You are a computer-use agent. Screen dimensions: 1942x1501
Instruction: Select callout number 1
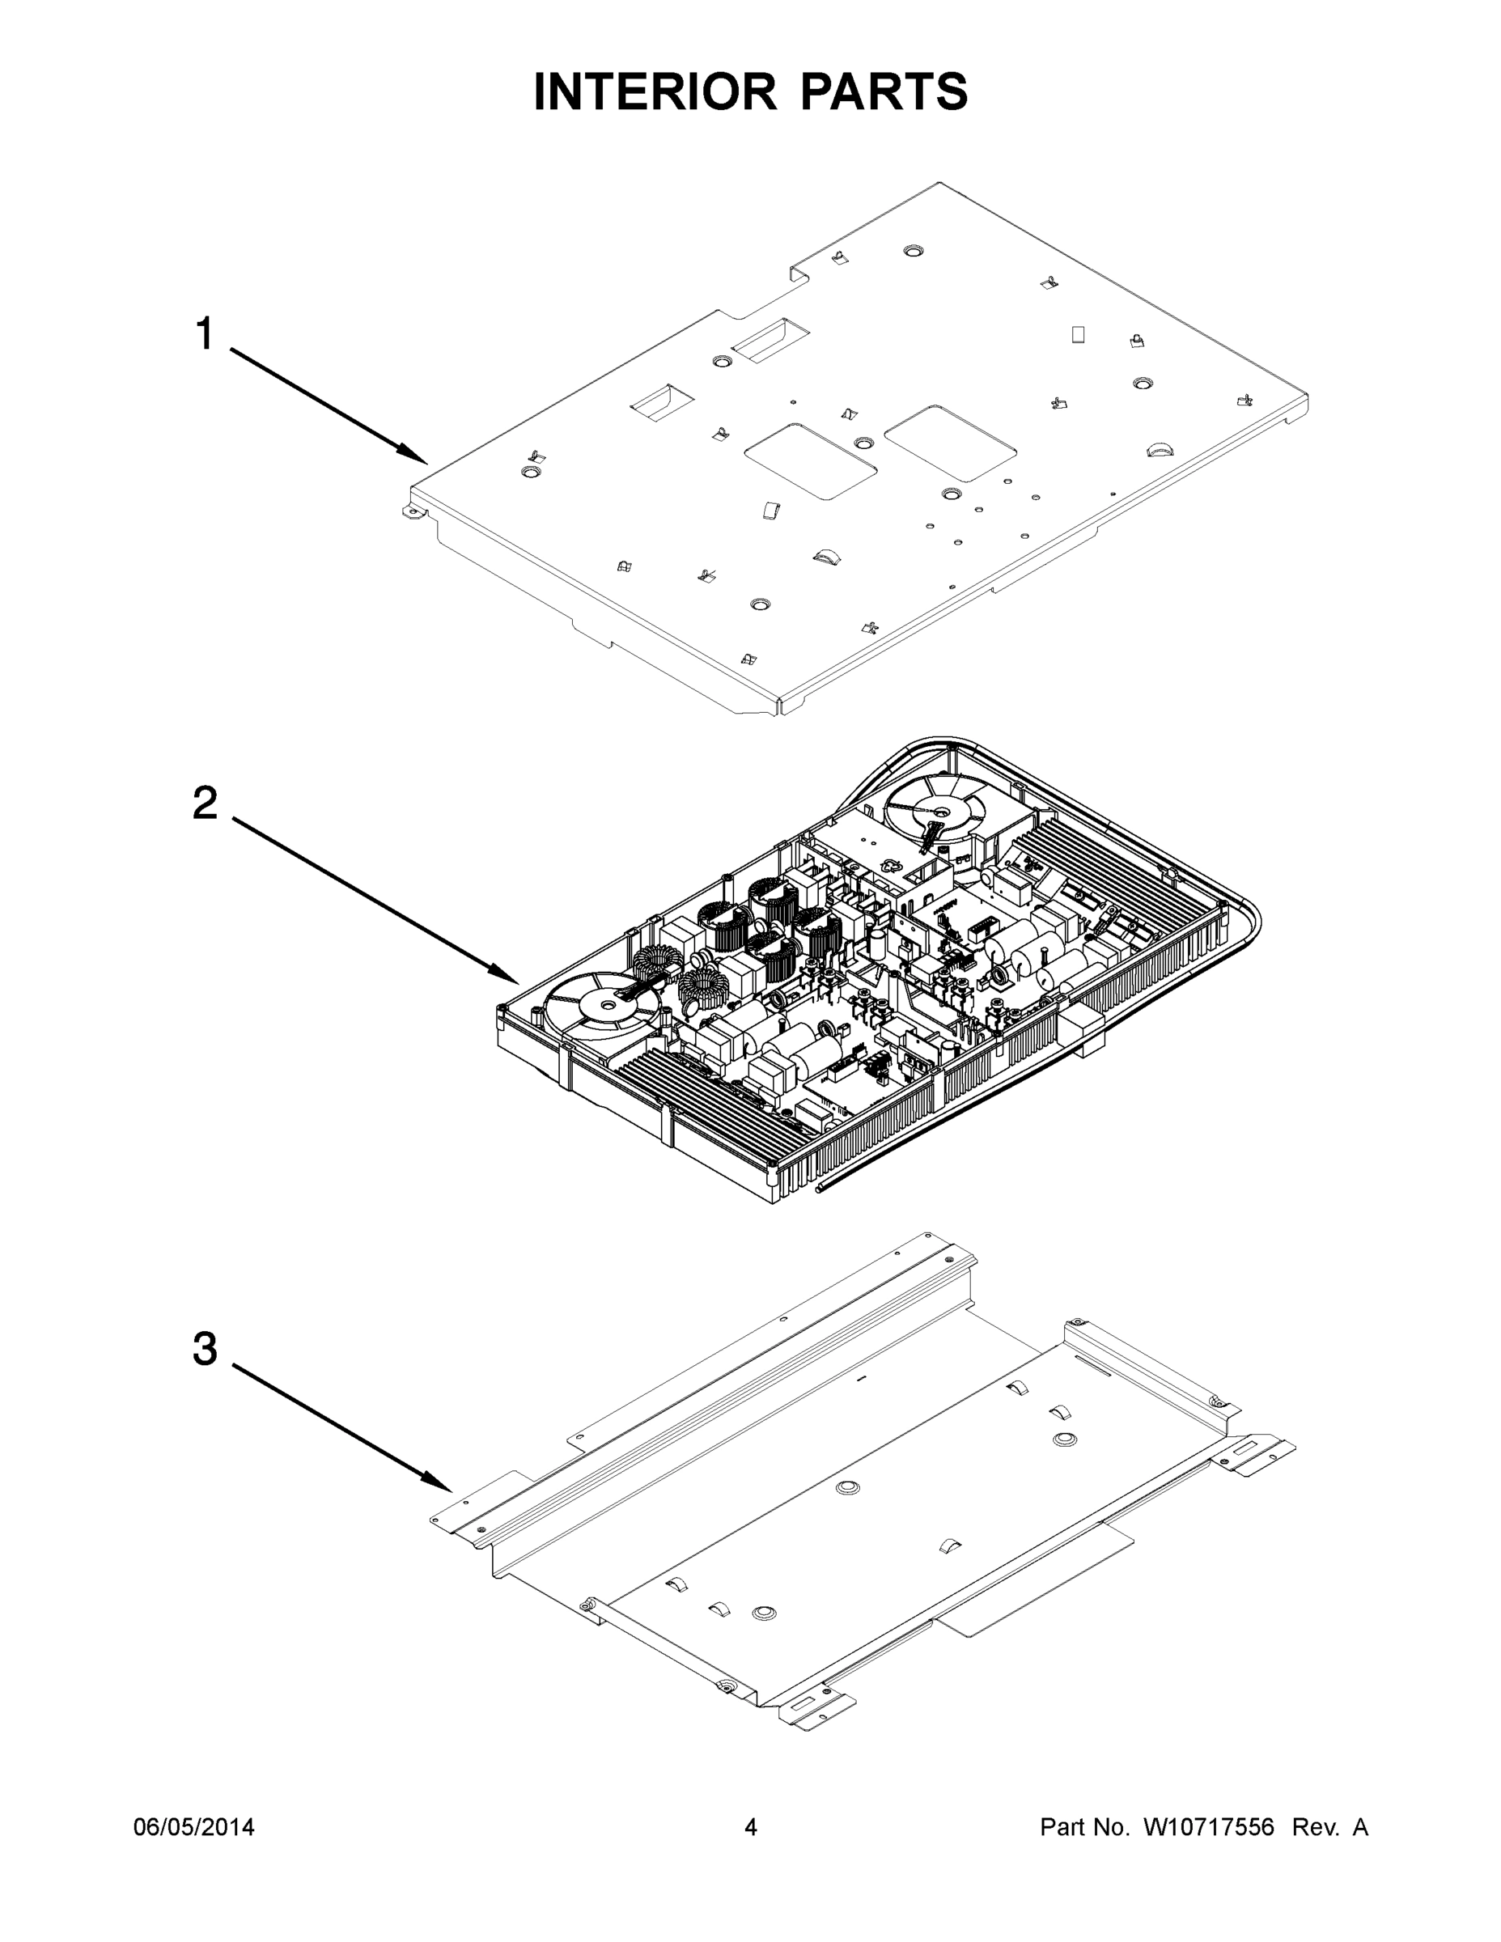(205, 334)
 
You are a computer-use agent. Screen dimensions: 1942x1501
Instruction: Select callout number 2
(205, 804)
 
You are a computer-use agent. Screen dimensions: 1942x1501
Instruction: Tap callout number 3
(205, 1349)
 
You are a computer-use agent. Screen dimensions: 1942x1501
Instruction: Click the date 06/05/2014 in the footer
(194, 1827)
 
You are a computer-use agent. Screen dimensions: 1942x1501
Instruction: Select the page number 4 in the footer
(751, 1827)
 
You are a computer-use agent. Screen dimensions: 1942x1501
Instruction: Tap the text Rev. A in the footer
(1329, 1827)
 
